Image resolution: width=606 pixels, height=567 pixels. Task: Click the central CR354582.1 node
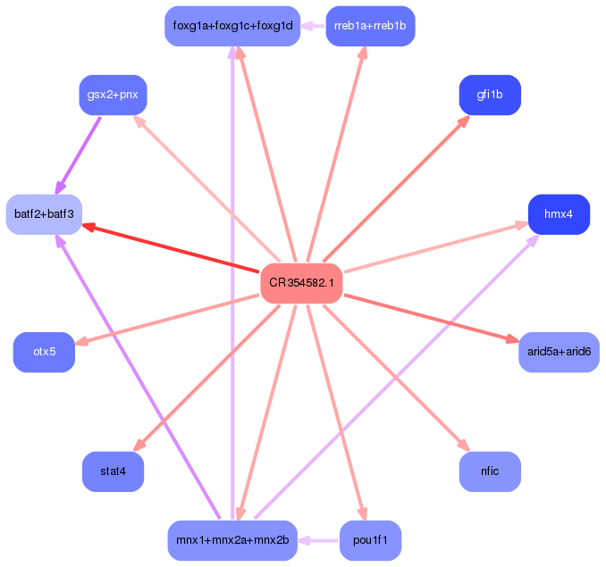[x=302, y=283]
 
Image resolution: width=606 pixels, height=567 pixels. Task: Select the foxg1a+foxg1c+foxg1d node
[x=231, y=26]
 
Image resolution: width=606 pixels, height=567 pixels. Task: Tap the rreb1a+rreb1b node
[x=370, y=26]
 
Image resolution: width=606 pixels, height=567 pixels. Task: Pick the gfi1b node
[x=489, y=95]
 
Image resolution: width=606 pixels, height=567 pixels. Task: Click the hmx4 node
[x=559, y=214]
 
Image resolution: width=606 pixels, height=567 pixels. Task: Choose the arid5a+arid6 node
[x=559, y=352]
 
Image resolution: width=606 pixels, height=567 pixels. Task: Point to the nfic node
[x=489, y=471]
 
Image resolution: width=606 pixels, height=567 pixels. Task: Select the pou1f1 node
[x=370, y=540]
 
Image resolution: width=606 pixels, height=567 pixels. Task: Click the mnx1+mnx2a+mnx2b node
[x=231, y=540]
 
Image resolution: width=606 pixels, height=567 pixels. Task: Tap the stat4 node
[x=113, y=471]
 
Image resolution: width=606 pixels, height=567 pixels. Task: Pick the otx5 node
[x=44, y=352]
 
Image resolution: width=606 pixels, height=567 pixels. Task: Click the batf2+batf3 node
[x=44, y=214]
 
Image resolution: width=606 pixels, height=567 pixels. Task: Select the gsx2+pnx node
[x=113, y=95]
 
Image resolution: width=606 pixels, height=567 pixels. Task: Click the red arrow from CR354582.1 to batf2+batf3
[x=170, y=247]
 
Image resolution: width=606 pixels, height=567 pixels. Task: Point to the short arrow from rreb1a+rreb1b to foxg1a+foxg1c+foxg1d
[x=313, y=26]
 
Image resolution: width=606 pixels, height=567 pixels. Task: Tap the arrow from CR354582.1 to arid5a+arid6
[x=429, y=317]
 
